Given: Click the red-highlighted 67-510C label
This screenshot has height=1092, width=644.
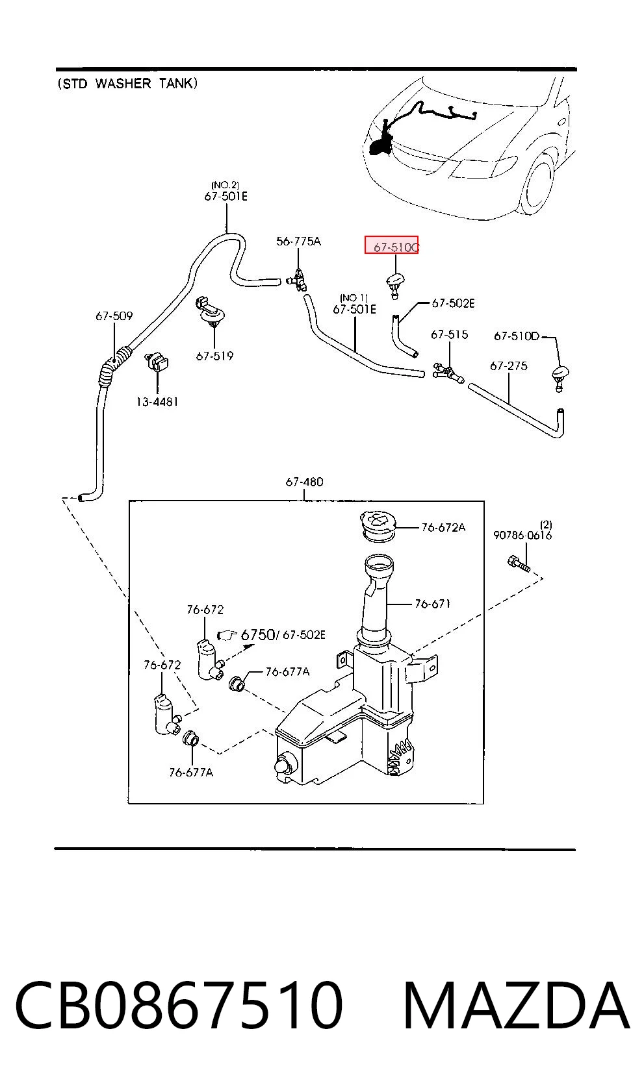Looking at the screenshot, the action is (x=396, y=247).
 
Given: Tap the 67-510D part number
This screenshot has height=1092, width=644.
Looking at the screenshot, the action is (x=516, y=336).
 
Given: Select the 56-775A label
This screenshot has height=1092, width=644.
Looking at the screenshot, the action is (x=298, y=242).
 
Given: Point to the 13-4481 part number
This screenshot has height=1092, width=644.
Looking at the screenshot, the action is (x=157, y=402).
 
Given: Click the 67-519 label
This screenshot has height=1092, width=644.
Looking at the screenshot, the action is (x=214, y=356).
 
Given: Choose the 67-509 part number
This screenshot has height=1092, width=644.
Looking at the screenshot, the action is (x=114, y=316).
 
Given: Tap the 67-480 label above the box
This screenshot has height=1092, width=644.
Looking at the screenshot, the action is (x=304, y=482).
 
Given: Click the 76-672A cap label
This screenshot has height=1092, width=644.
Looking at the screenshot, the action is (x=443, y=527).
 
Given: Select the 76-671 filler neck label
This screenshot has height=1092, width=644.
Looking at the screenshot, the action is (x=432, y=604).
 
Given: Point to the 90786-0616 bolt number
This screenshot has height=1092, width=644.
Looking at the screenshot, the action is (x=522, y=535).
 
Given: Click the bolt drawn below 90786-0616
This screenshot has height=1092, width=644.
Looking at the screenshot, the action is (x=519, y=564).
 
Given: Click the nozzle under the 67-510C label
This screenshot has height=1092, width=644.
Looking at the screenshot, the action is (x=395, y=286).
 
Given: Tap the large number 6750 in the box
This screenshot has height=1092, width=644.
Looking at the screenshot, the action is (x=258, y=634).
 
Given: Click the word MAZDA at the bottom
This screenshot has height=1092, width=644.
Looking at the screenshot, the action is (x=515, y=1005).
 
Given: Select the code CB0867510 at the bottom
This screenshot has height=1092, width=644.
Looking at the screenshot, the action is (x=179, y=1005).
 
